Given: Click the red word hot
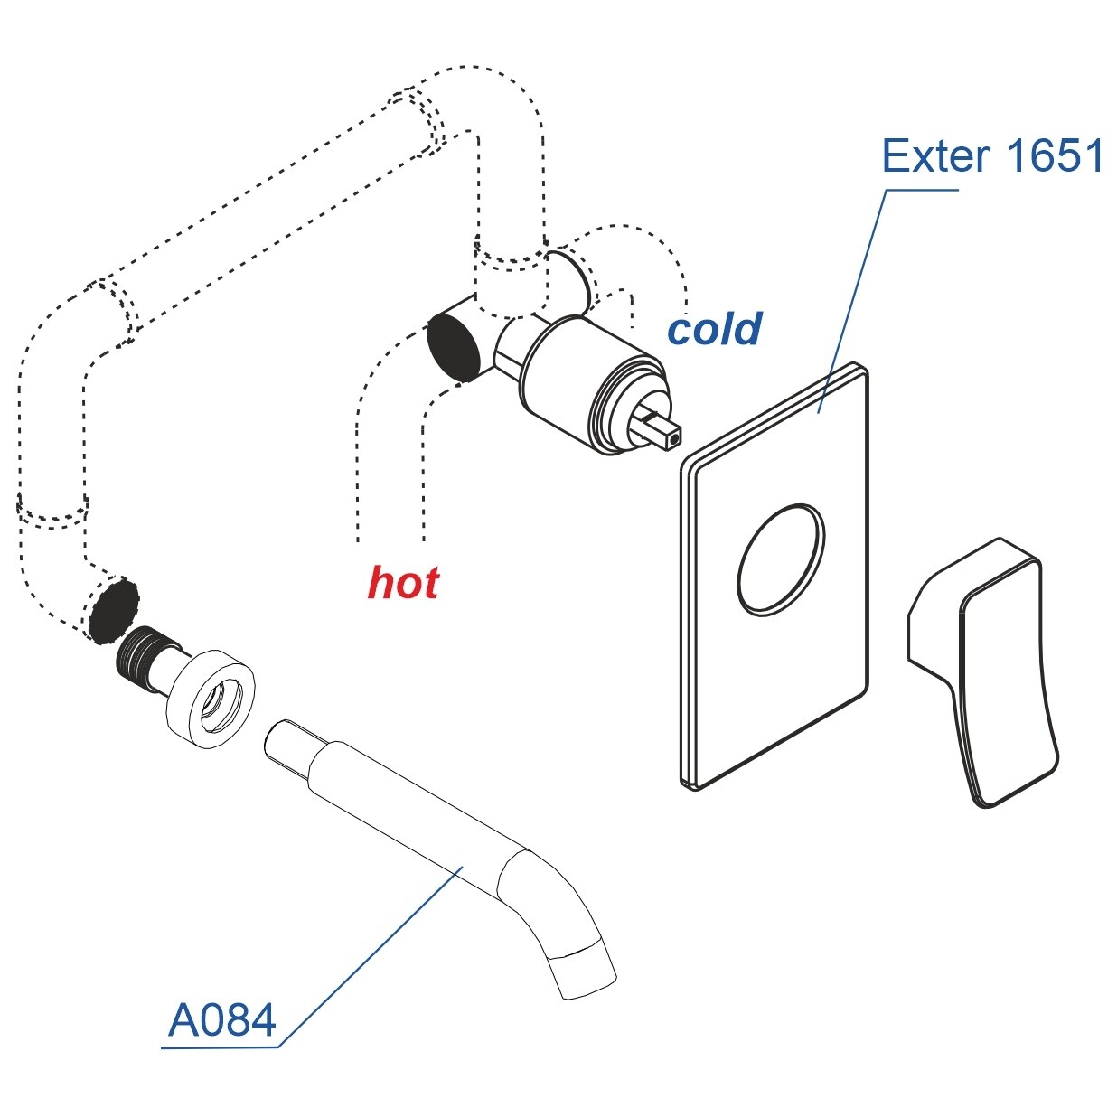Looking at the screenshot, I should tap(403, 583).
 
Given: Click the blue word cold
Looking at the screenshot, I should tap(714, 329).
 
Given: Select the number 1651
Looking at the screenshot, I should tap(1054, 156).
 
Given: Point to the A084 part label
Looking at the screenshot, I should tap(221, 1021).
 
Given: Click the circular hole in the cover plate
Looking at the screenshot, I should tap(781, 558).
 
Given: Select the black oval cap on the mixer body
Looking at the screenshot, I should tap(453, 344).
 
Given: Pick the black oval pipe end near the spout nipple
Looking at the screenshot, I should tap(115, 612).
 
